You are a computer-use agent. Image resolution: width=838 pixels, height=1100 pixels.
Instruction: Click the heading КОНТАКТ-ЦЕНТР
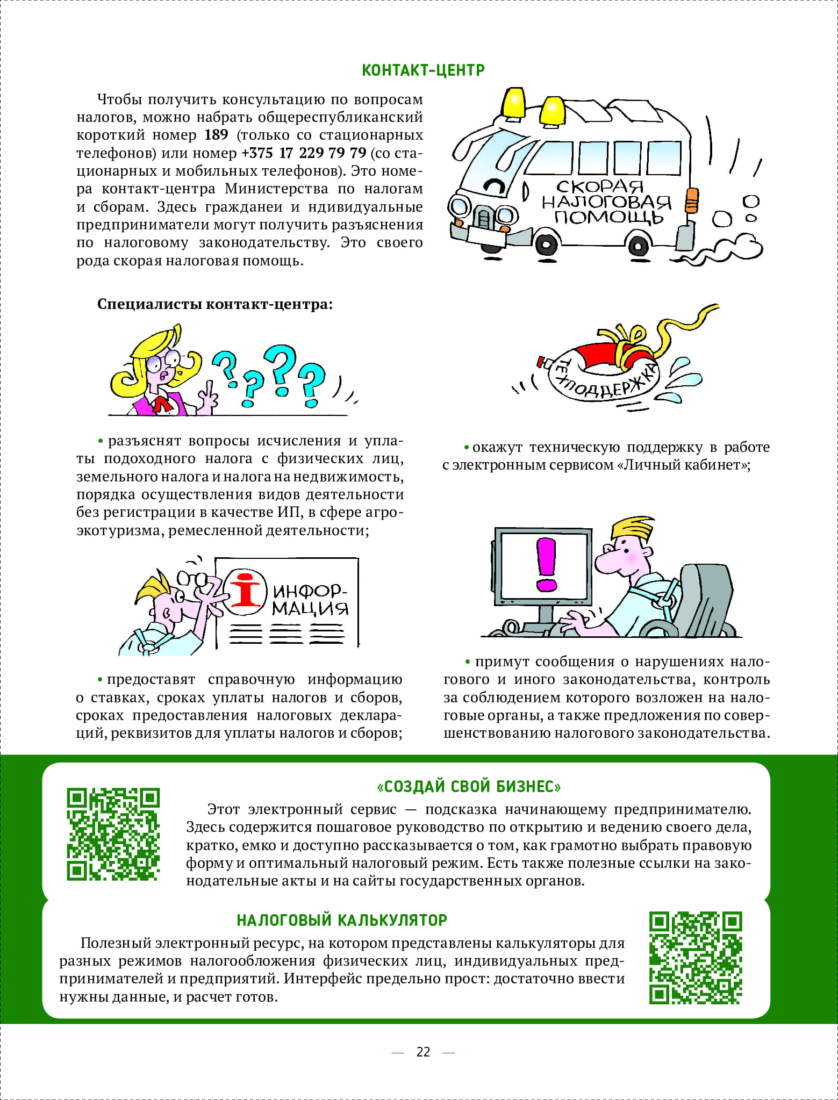coord(423,70)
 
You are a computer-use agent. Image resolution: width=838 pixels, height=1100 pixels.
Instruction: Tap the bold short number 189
coord(216,135)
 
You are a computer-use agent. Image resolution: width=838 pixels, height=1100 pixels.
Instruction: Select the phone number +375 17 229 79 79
coord(304,153)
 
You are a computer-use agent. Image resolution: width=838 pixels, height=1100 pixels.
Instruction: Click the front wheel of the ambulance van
coord(546,245)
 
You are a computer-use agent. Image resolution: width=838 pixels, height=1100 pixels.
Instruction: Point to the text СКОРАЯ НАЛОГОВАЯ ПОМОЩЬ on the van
coord(606,202)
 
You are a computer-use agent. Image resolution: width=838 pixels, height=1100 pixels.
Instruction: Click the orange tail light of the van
coord(692,200)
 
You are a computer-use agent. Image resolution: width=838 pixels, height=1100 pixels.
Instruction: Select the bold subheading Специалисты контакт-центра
coord(215,304)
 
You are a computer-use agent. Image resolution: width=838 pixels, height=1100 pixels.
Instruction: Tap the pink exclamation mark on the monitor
coord(547,564)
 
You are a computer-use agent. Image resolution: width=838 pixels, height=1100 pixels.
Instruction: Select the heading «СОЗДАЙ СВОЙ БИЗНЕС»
coord(469,787)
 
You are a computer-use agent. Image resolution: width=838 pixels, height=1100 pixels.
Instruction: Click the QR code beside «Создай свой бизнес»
coord(113,834)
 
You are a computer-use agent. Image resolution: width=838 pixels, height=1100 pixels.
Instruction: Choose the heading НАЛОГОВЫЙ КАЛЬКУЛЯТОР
coord(342,920)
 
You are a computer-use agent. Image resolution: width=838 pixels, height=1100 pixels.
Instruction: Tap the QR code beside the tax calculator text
coord(696,958)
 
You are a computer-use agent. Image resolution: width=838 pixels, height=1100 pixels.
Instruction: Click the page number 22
coord(423,1052)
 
